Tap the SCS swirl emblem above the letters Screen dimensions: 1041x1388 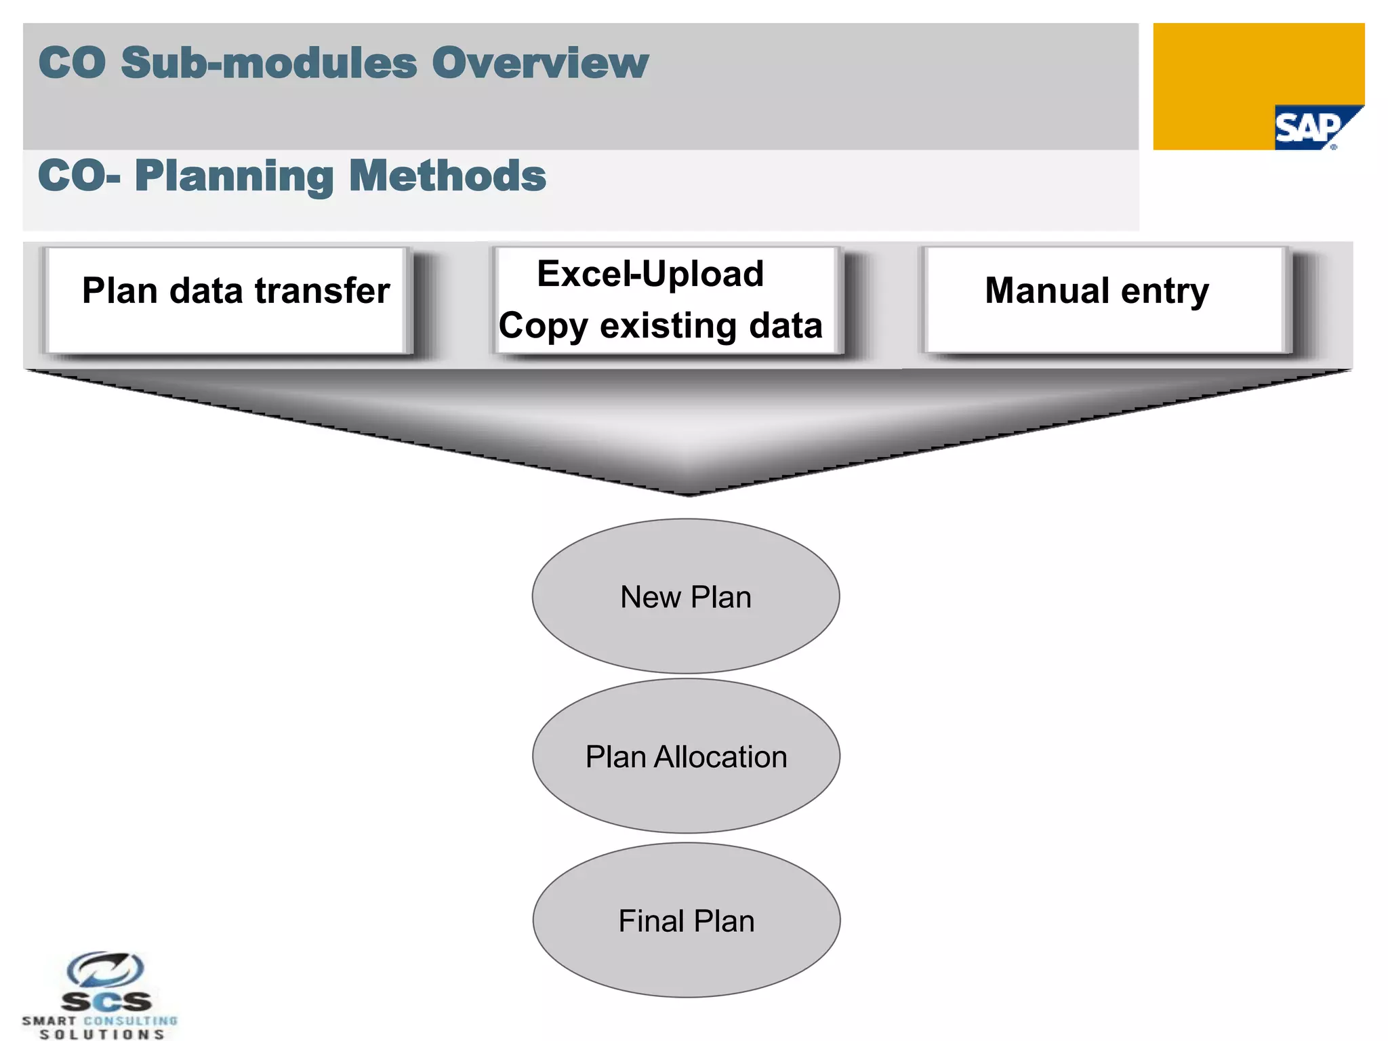[x=105, y=970]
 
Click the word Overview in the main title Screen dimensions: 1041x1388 [x=539, y=63]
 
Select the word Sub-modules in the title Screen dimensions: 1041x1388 [x=268, y=63]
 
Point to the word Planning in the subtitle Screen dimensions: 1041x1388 [x=234, y=176]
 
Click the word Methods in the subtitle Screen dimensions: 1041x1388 [x=447, y=176]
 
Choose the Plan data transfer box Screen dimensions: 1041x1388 [x=228, y=300]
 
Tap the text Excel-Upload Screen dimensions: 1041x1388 [x=650, y=274]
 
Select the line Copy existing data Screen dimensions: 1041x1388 [x=660, y=326]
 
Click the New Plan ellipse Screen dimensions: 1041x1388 [x=685, y=596]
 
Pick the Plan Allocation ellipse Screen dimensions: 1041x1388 [x=685, y=756]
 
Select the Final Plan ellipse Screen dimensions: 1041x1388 [x=686, y=920]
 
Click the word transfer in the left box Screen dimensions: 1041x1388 [x=322, y=291]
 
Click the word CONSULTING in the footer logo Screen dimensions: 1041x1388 [x=130, y=1021]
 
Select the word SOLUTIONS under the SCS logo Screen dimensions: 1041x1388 [x=102, y=1034]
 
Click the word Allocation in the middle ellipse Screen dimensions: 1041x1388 [x=720, y=757]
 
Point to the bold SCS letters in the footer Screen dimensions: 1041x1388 [x=106, y=1002]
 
